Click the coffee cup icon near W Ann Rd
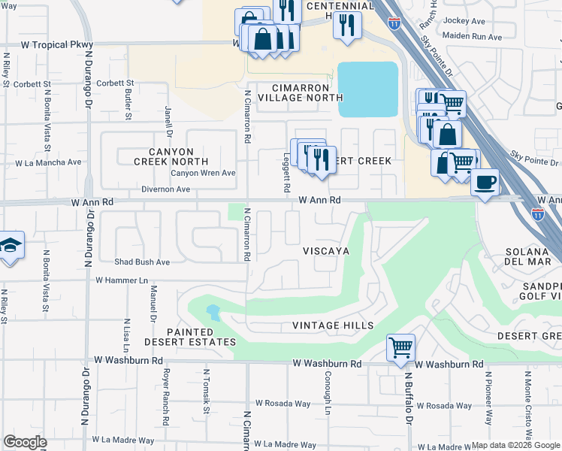click(x=485, y=182)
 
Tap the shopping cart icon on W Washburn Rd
click(x=400, y=347)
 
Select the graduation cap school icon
click(x=11, y=245)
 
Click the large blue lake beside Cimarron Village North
click(x=367, y=89)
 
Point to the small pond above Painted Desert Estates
click(x=213, y=312)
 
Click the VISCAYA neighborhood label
click(x=326, y=250)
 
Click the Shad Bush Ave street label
click(x=142, y=262)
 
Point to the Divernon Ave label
click(x=165, y=189)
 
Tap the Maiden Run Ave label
click(x=473, y=36)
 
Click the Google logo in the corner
click(x=25, y=441)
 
